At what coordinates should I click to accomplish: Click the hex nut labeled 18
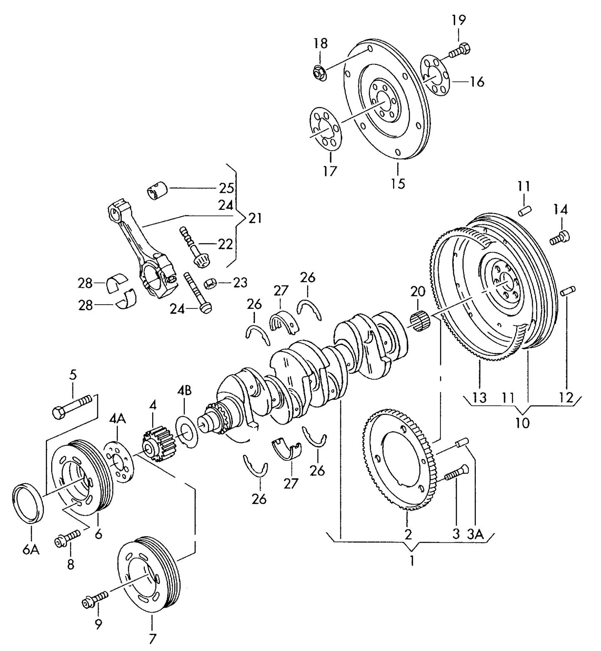[319, 73]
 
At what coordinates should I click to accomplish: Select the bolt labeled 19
[460, 51]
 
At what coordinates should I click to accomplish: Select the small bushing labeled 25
[157, 191]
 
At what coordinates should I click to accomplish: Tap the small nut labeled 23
[210, 283]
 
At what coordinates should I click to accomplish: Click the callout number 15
[398, 184]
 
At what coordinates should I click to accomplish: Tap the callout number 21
[255, 218]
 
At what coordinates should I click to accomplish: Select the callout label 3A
[475, 534]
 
